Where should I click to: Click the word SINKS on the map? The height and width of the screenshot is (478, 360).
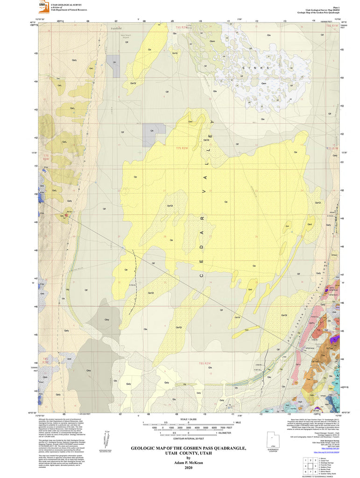[x=256, y=68]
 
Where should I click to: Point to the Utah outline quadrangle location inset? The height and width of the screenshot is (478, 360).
[x=273, y=441]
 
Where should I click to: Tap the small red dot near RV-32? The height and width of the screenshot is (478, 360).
[x=67, y=216]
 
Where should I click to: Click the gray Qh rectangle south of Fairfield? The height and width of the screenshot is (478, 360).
[x=113, y=61]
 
